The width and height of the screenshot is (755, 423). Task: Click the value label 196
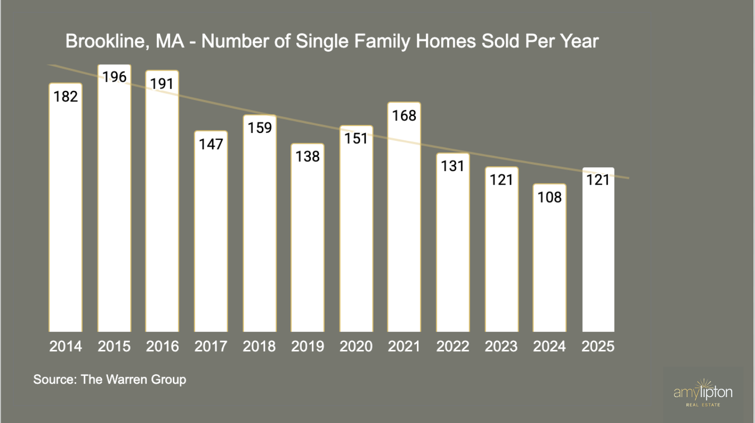tap(115, 77)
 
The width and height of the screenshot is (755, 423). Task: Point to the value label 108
tap(549, 198)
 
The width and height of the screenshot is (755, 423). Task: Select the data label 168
tap(404, 116)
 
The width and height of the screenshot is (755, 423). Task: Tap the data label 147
tap(211, 144)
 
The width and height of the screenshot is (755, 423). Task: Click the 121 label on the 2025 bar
tap(598, 180)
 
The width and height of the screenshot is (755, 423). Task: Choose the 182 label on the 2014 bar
tap(66, 97)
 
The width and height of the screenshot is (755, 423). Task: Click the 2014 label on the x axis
tap(66, 346)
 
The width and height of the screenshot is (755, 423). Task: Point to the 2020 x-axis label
tap(356, 346)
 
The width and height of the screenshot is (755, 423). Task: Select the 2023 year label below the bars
tap(501, 346)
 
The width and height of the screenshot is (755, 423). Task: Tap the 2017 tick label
tap(211, 346)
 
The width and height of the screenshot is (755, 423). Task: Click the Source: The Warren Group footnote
tap(110, 380)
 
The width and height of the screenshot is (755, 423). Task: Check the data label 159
tap(260, 128)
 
